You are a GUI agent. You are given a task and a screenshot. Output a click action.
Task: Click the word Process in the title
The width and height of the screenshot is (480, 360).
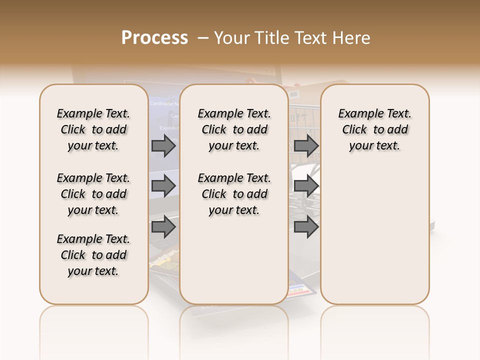[154, 38]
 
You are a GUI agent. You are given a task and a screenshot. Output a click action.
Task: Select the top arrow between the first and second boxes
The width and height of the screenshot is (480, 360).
[163, 145]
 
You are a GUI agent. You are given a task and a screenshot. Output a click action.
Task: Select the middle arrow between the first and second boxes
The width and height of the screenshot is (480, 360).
[163, 186]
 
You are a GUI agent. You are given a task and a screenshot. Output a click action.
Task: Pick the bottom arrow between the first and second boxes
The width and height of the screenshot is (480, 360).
[163, 227]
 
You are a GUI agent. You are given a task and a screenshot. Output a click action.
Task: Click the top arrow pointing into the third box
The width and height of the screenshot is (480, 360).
[306, 145]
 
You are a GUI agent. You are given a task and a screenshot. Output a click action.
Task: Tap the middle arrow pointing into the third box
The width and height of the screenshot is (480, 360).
[306, 186]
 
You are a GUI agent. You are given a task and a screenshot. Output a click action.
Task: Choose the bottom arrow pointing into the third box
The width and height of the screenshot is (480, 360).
[306, 227]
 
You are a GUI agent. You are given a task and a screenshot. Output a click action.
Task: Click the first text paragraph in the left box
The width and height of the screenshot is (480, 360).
[93, 129]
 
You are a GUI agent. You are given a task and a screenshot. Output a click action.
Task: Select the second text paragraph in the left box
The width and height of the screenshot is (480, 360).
[93, 194]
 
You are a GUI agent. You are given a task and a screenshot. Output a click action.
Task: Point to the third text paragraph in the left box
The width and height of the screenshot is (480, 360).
[93, 255]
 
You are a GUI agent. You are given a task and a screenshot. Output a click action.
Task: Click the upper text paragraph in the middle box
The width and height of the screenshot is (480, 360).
[234, 129]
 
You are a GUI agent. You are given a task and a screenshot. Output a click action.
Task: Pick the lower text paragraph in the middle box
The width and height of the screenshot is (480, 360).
[234, 194]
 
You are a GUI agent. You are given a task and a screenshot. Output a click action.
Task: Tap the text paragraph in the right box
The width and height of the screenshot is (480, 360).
[375, 129]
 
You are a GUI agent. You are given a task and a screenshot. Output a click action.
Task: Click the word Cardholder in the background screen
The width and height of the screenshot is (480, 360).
[162, 103]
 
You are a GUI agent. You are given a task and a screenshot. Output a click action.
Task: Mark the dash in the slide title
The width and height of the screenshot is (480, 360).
[203, 38]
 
